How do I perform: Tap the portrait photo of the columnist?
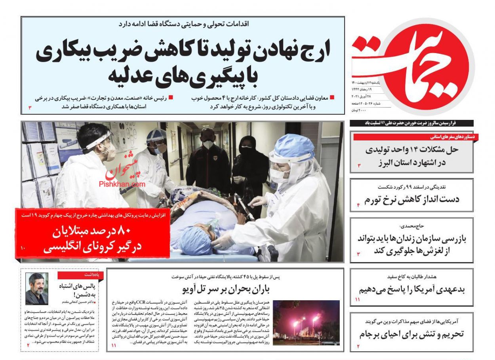(x=36, y=288)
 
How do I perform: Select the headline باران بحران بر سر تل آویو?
(x=226, y=289)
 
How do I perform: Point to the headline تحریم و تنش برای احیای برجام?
(x=412, y=334)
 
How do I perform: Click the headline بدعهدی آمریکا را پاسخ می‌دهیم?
(x=412, y=289)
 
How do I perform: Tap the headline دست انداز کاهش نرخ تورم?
(x=412, y=199)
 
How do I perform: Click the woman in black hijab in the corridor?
(x=250, y=166)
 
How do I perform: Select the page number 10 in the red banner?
(x=23, y=248)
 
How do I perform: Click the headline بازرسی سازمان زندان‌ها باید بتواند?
(x=412, y=239)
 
